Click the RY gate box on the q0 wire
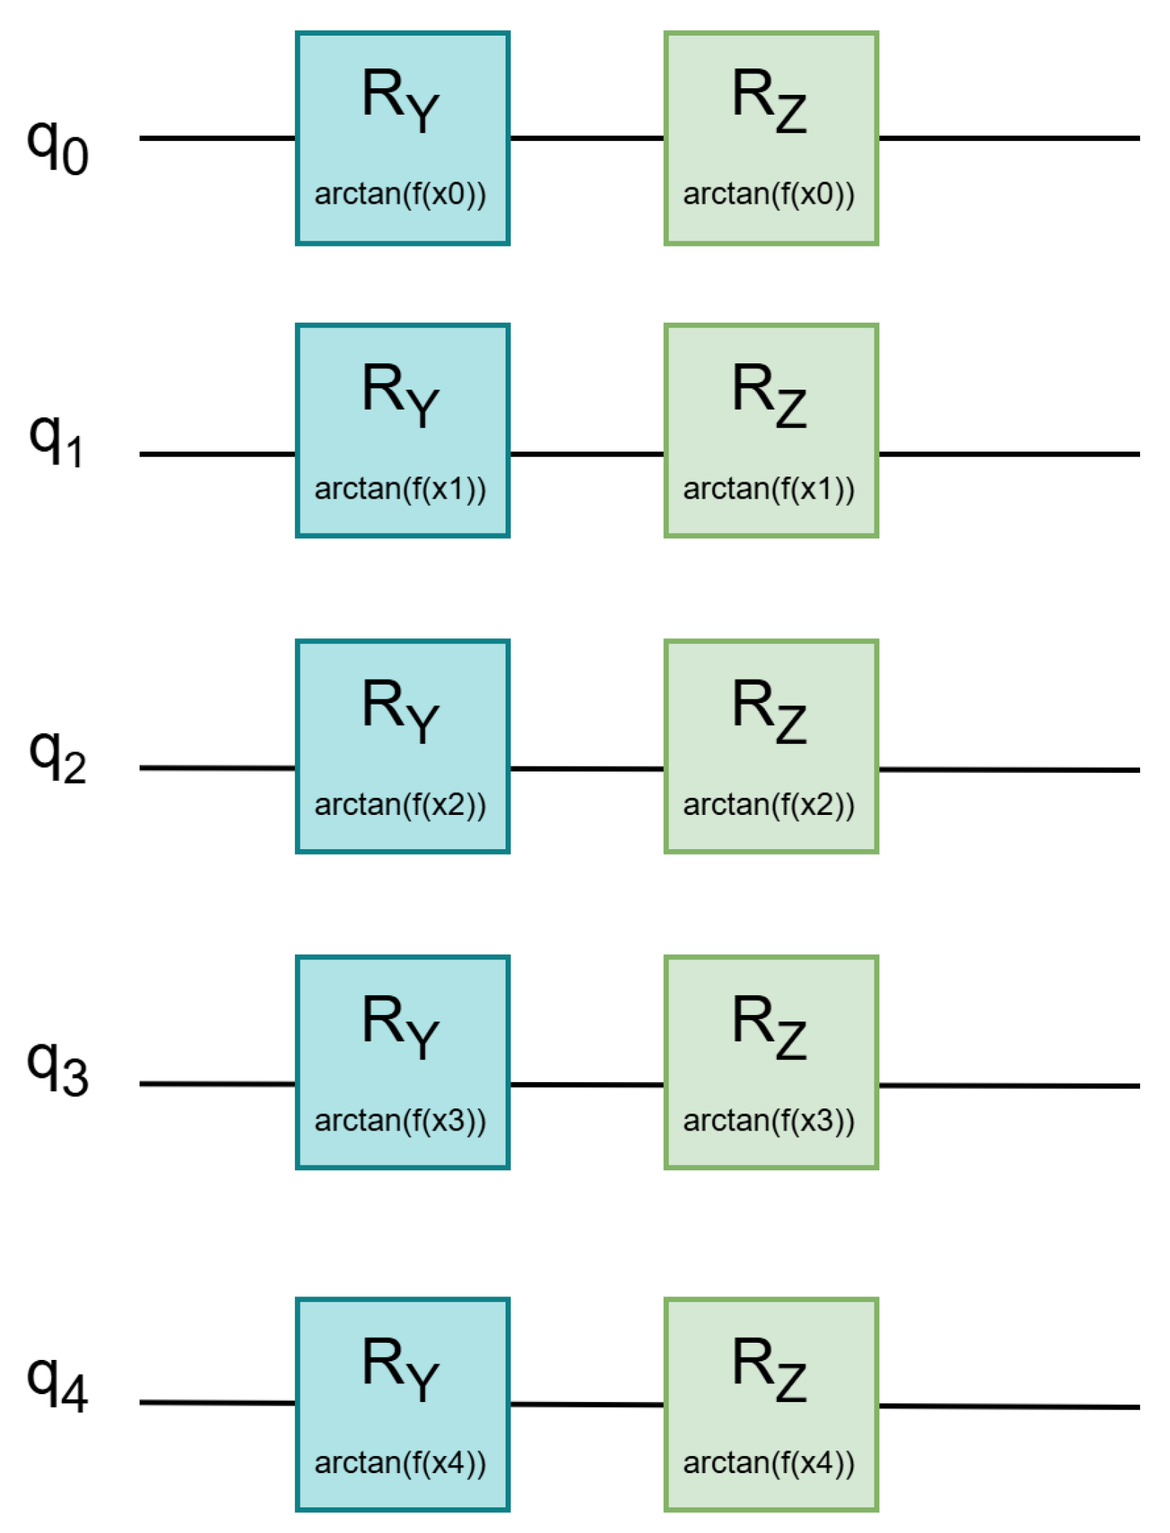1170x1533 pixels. pos(402,138)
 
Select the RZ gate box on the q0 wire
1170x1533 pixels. pos(771,138)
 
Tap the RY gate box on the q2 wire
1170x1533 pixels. pos(402,746)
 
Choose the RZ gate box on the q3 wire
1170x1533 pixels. pos(771,1062)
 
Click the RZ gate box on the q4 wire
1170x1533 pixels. pos(771,1404)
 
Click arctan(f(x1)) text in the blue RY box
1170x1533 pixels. pos(400,489)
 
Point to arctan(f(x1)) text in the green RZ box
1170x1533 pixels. pos(768,489)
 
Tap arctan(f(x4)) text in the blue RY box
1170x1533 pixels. pos(400,1462)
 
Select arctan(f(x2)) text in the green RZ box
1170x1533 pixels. pos(768,804)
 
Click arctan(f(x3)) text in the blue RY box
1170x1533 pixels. pos(400,1121)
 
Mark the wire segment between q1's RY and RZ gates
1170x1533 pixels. pos(587,454)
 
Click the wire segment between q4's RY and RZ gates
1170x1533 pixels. pos(587,1404)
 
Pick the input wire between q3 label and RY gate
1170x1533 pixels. pos(217,1084)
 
